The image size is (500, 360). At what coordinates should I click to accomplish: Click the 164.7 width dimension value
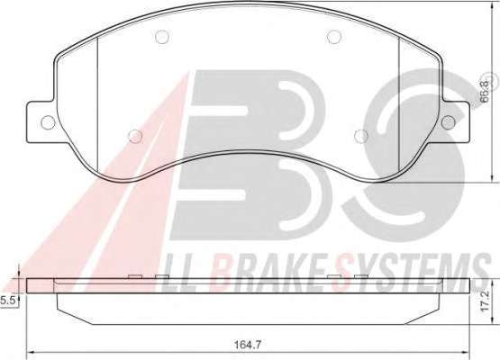248,345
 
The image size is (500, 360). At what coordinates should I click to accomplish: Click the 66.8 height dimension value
485,92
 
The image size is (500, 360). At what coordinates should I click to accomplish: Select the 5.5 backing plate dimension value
7,301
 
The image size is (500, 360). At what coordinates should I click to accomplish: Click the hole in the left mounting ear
48,122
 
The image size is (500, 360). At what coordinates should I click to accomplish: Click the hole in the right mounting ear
449,122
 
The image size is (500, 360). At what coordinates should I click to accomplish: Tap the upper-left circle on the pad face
161,37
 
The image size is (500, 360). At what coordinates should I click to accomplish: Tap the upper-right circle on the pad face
334,37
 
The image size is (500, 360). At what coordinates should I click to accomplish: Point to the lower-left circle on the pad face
135,136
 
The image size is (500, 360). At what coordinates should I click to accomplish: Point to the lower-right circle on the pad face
361,136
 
